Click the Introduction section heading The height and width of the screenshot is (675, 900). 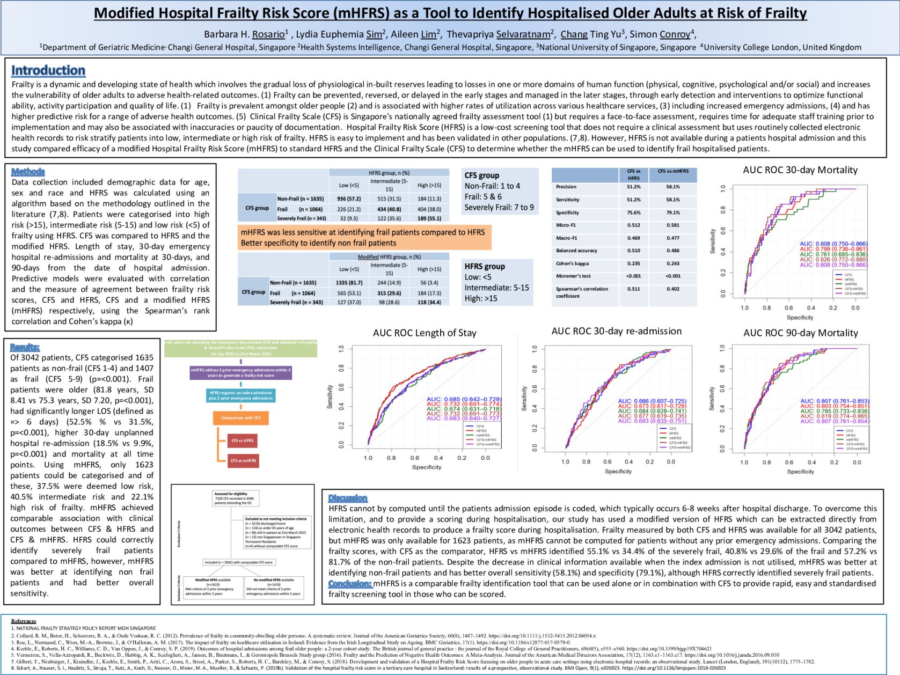[x=48, y=70]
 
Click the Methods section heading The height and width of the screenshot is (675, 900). [x=28, y=172]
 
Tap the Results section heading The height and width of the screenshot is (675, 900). [x=25, y=347]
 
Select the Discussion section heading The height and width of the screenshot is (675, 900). [x=348, y=498]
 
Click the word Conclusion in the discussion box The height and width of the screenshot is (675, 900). [x=350, y=583]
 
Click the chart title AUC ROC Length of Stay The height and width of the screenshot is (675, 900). [x=425, y=333]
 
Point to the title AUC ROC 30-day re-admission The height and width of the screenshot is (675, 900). [x=616, y=331]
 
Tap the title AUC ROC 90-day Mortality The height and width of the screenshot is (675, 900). [x=800, y=333]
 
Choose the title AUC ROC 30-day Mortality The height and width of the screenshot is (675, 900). [x=800, y=170]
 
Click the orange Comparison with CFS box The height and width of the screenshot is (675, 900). [x=241, y=417]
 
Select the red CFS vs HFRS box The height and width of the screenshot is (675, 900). [x=243, y=441]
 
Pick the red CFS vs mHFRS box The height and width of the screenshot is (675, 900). [x=243, y=460]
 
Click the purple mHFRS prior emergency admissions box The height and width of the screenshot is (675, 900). [x=241, y=372]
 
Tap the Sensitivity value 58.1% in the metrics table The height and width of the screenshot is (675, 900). [x=672, y=200]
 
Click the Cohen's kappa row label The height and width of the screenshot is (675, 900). [x=572, y=263]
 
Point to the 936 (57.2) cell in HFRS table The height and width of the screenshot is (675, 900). [x=349, y=199]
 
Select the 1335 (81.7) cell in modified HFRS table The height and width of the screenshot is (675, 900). [x=349, y=283]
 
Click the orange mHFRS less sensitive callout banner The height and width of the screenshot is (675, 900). [x=364, y=237]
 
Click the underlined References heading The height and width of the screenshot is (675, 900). [x=24, y=621]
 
